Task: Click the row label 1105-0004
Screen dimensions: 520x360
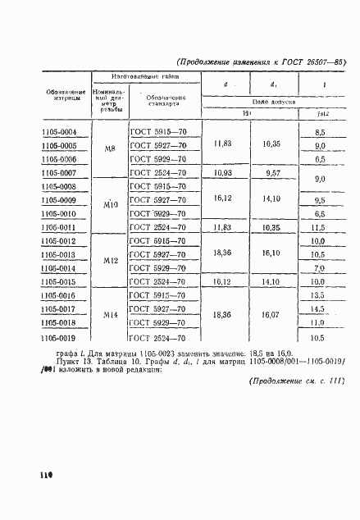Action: pos(58,132)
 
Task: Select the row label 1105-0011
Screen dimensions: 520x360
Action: pos(58,227)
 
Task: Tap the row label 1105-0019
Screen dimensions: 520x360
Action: pos(58,336)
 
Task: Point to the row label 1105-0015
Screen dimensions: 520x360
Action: pos(58,281)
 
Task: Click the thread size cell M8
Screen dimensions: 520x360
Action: pos(110,153)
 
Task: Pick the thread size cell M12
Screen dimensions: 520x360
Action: pos(111,261)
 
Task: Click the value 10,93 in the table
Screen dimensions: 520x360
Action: pos(222,173)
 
